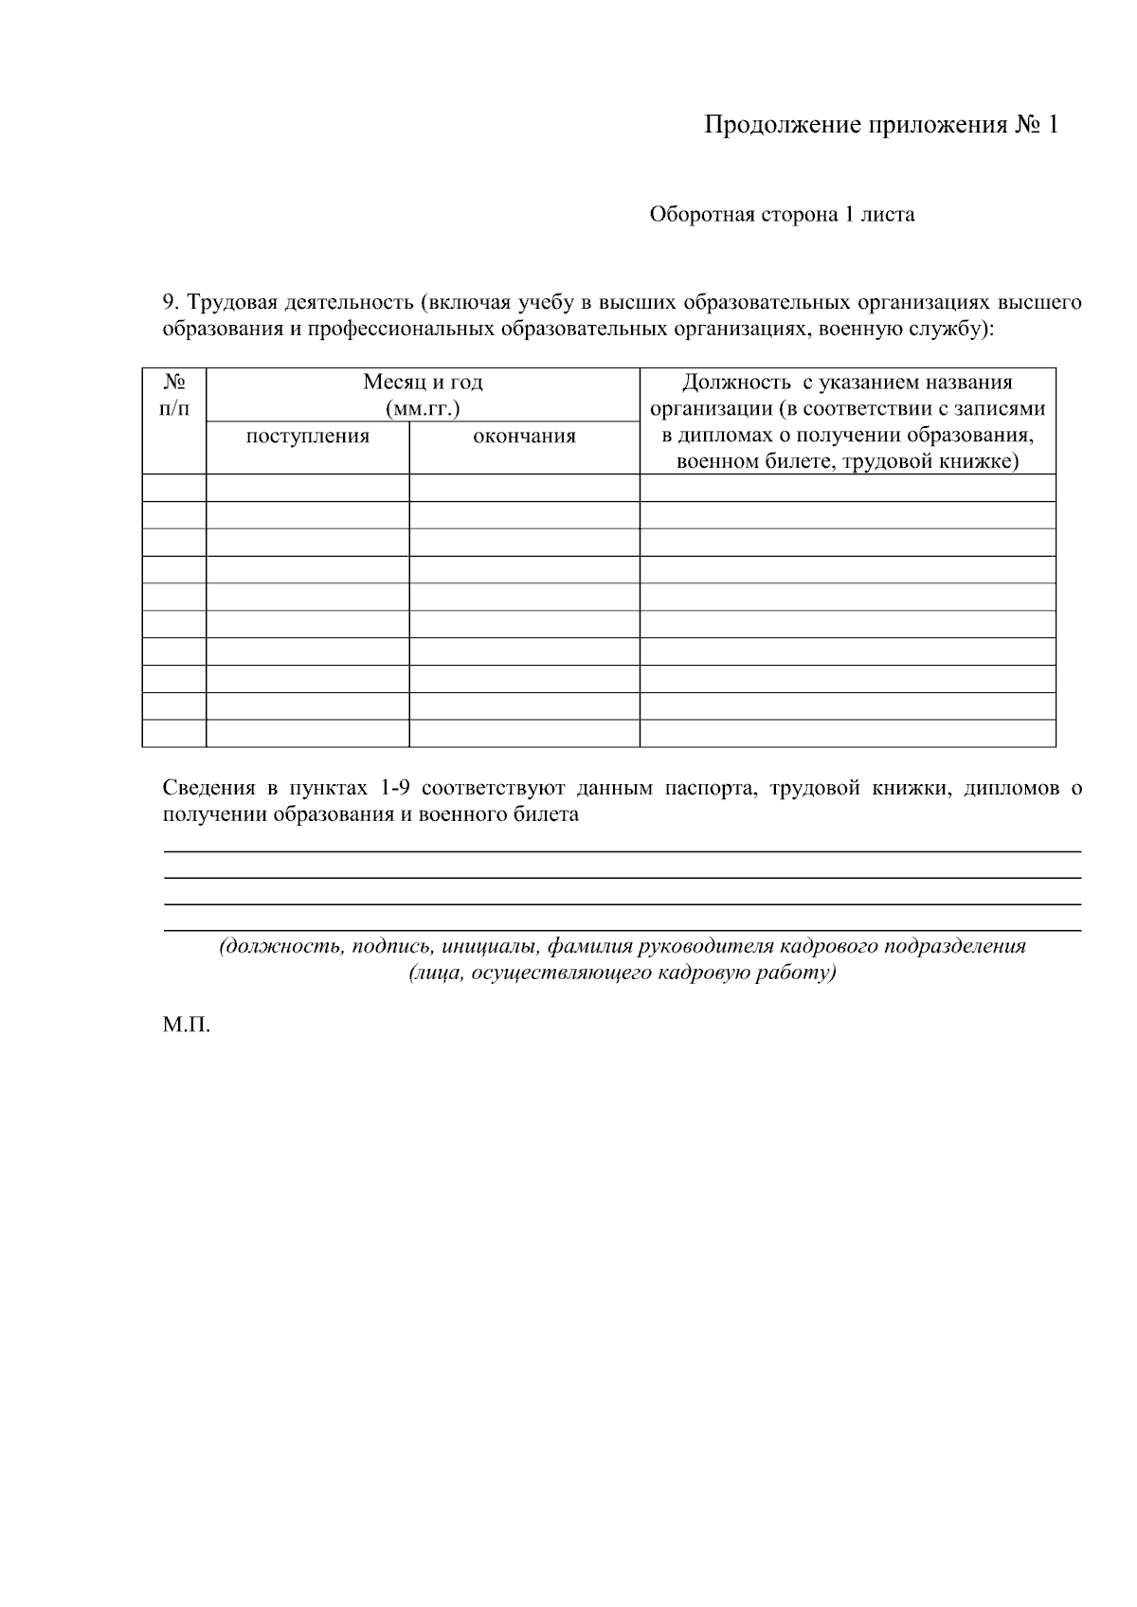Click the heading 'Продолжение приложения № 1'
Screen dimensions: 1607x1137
[x=880, y=126]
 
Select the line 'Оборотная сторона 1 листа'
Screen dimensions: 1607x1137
[x=782, y=215]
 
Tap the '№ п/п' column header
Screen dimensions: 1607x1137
[x=174, y=395]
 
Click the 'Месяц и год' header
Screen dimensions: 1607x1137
[x=423, y=383]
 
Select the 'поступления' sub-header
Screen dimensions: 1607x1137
[x=307, y=437]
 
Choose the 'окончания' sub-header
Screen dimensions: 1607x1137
[x=524, y=437]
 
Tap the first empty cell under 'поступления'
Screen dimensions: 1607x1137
[x=307, y=488]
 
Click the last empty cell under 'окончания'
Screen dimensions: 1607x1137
[x=524, y=734]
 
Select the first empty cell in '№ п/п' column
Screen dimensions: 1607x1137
[x=174, y=488]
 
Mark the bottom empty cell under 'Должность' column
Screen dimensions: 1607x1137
[x=847, y=734]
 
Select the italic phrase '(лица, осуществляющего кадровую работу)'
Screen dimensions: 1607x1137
[x=623, y=973]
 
